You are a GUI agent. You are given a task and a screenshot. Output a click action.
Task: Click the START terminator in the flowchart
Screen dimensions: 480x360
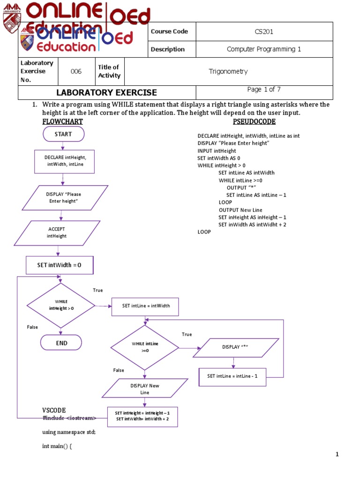pyautogui.click(x=63, y=134)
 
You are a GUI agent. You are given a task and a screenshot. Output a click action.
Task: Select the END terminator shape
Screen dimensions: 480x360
pyautogui.click(x=61, y=343)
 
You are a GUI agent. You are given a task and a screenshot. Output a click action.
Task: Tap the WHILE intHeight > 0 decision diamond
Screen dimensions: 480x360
pyautogui.click(x=61, y=305)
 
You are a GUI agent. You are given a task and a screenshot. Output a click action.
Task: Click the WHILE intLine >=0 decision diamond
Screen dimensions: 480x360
pyautogui.click(x=144, y=347)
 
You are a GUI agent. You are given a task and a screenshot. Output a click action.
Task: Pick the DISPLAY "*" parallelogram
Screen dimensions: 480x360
pyautogui.click(x=235, y=347)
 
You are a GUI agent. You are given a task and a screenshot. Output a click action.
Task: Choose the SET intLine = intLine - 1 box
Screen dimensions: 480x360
pyautogui.click(x=232, y=376)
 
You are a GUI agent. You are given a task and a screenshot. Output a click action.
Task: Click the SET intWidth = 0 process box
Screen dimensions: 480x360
pyautogui.click(x=60, y=265)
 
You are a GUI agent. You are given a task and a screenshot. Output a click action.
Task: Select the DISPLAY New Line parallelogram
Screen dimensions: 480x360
pyautogui.click(x=145, y=389)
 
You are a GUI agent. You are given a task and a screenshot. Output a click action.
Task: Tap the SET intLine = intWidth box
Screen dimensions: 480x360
pyautogui.click(x=146, y=306)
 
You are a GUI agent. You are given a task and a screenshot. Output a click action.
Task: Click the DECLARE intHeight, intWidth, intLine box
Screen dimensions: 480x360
pyautogui.click(x=65, y=161)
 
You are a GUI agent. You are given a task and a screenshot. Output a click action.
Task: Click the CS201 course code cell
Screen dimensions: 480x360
pyautogui.click(x=264, y=32)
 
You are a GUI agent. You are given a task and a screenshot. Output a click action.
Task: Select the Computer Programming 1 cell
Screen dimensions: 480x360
pyautogui.click(x=264, y=49)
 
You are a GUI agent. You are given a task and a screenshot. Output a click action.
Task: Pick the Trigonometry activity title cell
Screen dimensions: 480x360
pyautogui.click(x=228, y=72)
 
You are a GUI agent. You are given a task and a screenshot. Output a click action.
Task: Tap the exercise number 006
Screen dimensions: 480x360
pyautogui.click(x=76, y=72)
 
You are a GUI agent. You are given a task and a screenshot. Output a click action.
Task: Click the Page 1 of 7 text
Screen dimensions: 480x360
pyautogui.click(x=264, y=90)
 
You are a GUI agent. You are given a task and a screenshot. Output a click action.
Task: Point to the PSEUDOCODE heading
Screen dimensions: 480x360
pyautogui.click(x=254, y=122)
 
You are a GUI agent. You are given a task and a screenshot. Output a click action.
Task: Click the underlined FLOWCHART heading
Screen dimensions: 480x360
pyautogui.click(x=62, y=122)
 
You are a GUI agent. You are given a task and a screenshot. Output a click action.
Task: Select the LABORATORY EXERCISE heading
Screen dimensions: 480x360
pyautogui.click(x=107, y=93)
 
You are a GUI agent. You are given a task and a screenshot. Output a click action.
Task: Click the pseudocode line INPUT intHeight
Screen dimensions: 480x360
pyautogui.click(x=217, y=151)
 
